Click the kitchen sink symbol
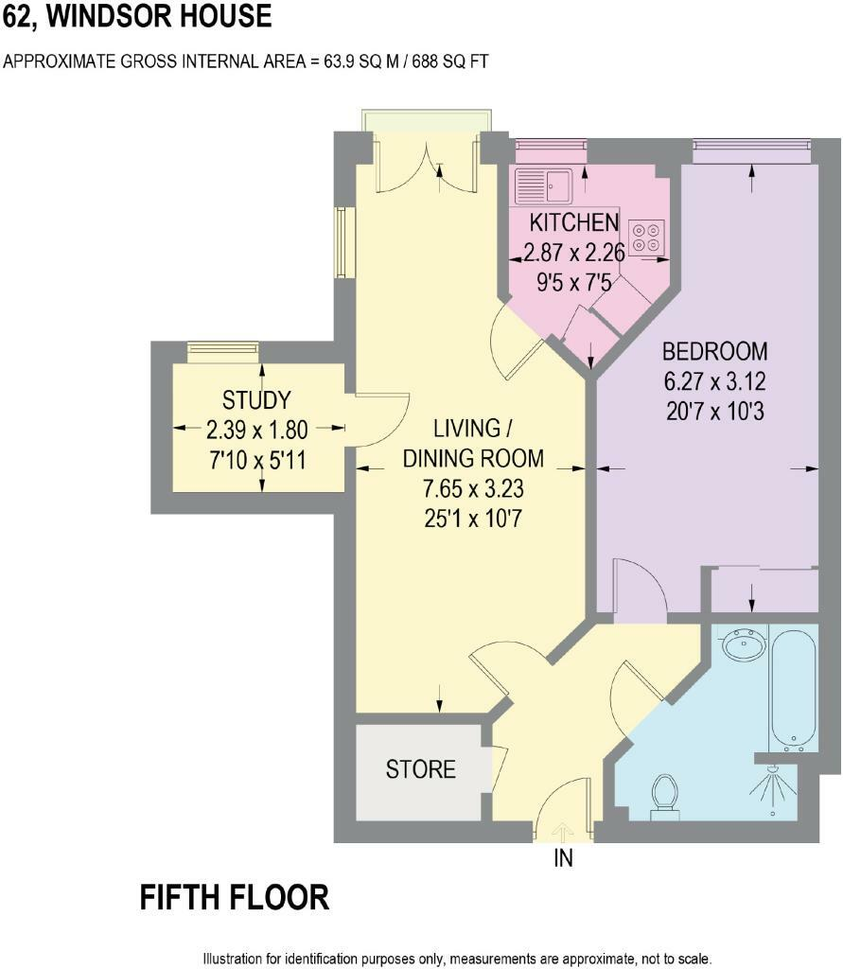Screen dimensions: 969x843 [x=543, y=185]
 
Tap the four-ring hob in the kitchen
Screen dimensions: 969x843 [x=647, y=237]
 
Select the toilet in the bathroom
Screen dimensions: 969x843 [x=665, y=793]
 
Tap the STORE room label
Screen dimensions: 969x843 [x=421, y=769]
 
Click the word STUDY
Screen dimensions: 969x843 [x=256, y=399]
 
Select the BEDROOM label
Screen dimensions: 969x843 [x=714, y=352]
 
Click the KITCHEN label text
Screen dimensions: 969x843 [x=573, y=223]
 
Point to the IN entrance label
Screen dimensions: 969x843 [x=563, y=859]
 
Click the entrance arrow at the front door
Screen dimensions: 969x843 [x=563, y=831]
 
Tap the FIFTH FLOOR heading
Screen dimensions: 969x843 [x=235, y=897]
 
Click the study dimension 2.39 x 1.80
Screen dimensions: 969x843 [x=256, y=431]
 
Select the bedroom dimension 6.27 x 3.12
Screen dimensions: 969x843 [x=714, y=382]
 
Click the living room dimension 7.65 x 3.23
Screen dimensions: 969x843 [x=473, y=489]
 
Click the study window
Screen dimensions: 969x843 [x=223, y=350]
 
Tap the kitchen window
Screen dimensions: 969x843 [x=550, y=145]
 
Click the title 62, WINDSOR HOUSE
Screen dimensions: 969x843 [x=137, y=16]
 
